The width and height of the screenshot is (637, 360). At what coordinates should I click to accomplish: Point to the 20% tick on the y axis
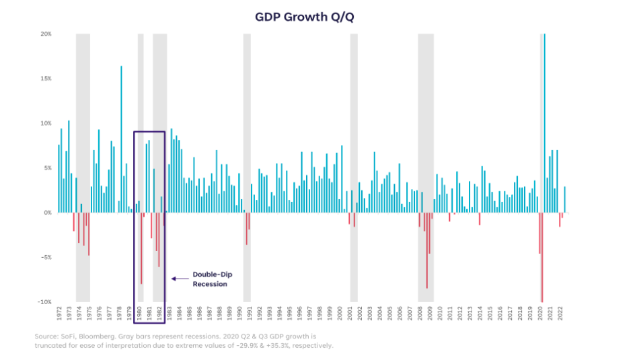point(46,34)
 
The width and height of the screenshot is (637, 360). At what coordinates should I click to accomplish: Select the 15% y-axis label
point(46,79)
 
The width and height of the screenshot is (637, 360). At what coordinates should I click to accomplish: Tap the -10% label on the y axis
point(45,302)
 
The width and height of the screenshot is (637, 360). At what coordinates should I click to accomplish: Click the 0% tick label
point(48,213)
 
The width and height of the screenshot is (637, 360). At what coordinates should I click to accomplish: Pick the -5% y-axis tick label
point(46,258)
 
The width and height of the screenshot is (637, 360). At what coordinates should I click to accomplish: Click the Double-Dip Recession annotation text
point(210,279)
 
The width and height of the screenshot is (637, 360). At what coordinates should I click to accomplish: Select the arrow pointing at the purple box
point(180,278)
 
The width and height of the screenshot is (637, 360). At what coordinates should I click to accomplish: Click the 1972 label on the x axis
point(59,314)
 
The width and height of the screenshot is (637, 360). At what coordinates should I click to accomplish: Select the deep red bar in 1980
point(141,249)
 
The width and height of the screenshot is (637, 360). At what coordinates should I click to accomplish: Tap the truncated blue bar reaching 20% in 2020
point(544,121)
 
